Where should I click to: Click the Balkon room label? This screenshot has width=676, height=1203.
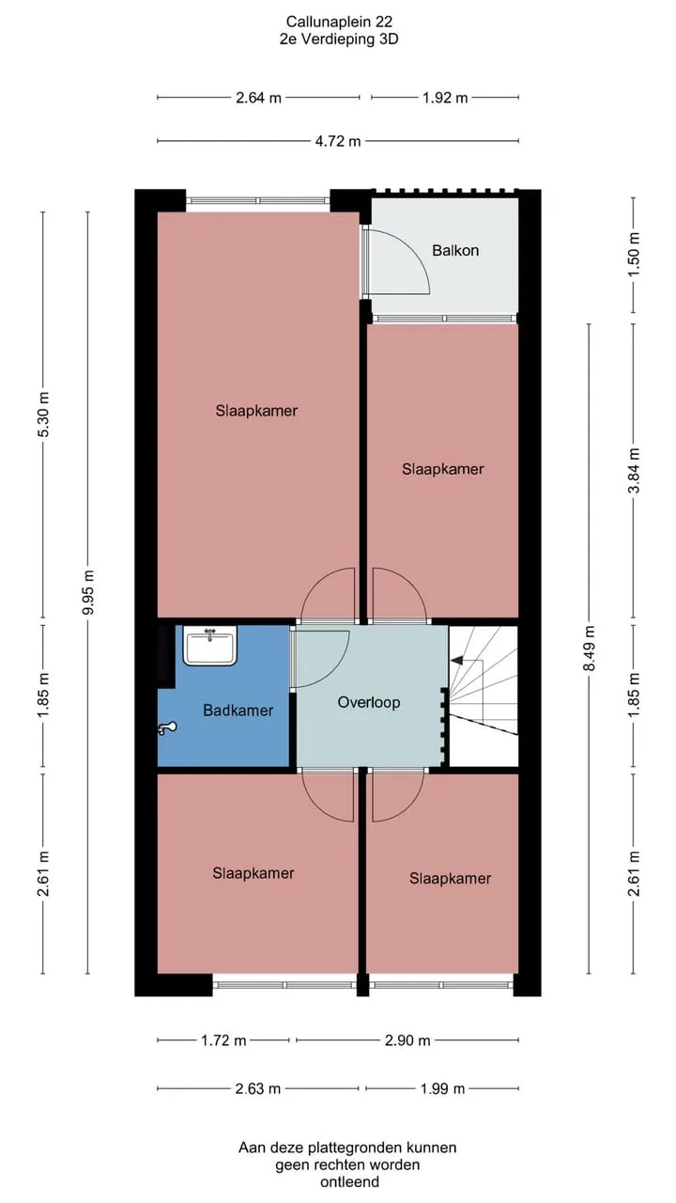pyautogui.click(x=455, y=250)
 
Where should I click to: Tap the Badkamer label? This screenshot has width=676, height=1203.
pyautogui.click(x=238, y=710)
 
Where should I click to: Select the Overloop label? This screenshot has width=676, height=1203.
pyautogui.click(x=369, y=702)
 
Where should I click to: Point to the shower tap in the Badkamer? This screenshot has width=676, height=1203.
pyautogui.click(x=167, y=728)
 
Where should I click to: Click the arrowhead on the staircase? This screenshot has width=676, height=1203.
pyautogui.click(x=457, y=660)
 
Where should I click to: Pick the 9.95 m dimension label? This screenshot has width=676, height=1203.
pyautogui.click(x=89, y=592)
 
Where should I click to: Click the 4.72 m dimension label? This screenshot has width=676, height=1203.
pyautogui.click(x=337, y=141)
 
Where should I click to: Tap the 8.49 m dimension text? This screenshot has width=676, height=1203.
pyautogui.click(x=589, y=648)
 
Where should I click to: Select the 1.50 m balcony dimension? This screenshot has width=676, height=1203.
pyautogui.click(x=634, y=254)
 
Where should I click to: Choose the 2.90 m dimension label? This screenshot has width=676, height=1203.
pyautogui.click(x=407, y=1040)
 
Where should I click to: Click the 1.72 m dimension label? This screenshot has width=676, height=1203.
pyautogui.click(x=223, y=1040)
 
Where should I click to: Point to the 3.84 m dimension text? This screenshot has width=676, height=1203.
pyautogui.click(x=634, y=471)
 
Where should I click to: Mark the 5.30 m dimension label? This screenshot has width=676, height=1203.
pyautogui.click(x=44, y=414)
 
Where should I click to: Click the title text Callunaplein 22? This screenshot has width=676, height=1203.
pyautogui.click(x=339, y=22)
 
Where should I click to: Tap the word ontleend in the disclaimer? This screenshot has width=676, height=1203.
pyautogui.click(x=350, y=1182)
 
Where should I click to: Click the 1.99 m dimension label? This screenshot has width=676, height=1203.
pyautogui.click(x=442, y=1088)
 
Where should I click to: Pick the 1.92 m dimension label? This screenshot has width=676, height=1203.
pyautogui.click(x=445, y=98)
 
